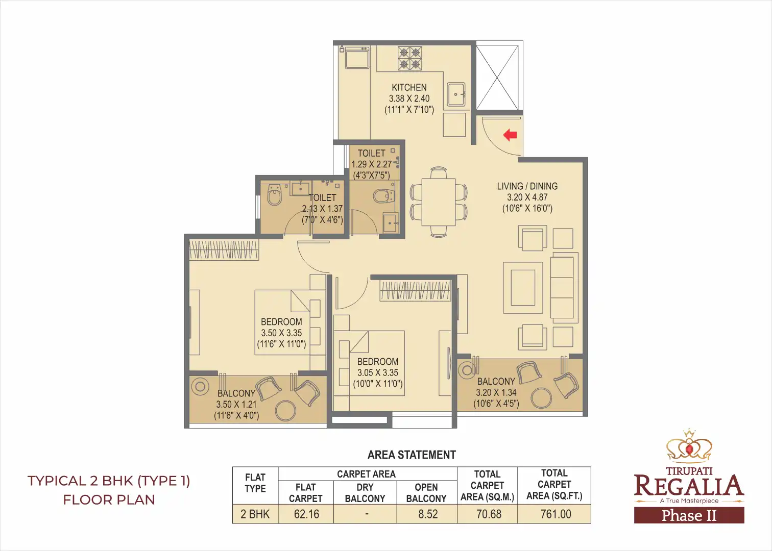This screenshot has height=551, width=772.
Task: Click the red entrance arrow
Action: point(510,135)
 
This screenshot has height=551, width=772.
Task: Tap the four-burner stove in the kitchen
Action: point(409,58)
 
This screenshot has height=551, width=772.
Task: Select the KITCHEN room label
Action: point(409,87)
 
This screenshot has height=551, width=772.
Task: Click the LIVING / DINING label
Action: point(527,186)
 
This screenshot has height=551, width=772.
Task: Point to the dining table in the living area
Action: point(439,202)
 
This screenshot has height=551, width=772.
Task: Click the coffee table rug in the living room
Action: point(523,288)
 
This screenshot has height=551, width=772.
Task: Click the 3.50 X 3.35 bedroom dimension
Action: point(281,333)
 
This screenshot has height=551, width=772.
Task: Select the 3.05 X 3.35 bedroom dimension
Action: point(377,373)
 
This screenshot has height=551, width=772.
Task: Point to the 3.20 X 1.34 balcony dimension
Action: point(496,392)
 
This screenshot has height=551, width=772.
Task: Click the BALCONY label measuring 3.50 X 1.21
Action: point(236,393)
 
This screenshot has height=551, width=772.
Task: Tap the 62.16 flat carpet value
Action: point(306,514)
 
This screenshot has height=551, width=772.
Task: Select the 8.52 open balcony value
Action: point(427,514)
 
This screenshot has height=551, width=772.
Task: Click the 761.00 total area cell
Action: point(555,514)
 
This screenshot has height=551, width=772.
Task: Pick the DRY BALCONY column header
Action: point(365,493)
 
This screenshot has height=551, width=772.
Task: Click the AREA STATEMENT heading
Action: point(412,455)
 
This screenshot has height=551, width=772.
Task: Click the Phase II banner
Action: point(689,516)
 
